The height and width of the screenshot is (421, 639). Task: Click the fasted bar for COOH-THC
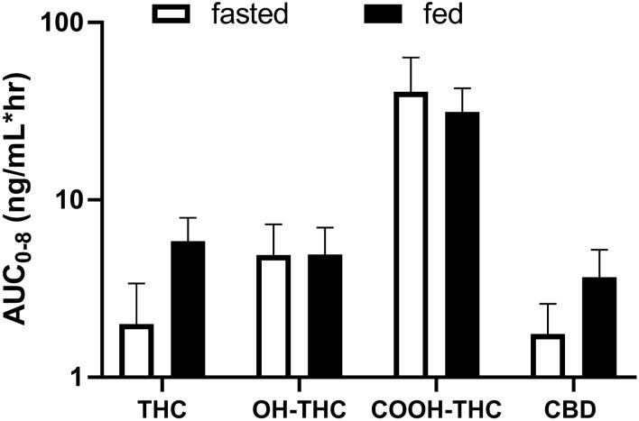click(412, 234)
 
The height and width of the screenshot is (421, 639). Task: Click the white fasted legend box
click(176, 13)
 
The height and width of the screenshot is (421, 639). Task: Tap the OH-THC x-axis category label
click(298, 404)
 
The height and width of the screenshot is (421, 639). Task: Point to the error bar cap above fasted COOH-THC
click(412, 58)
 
